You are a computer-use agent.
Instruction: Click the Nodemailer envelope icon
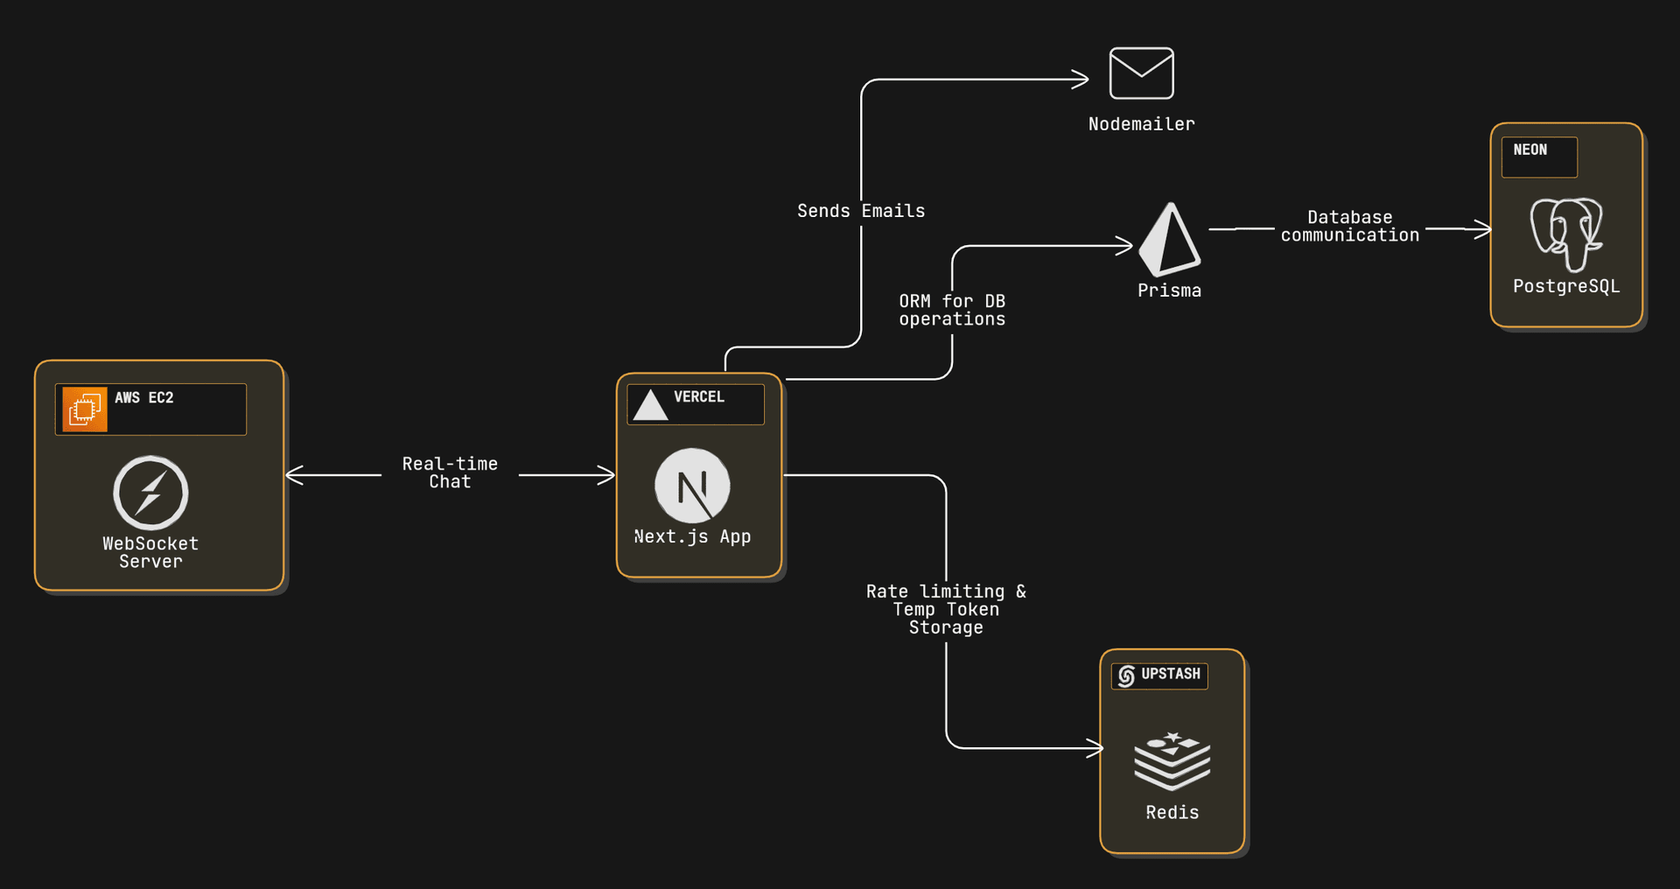(x=1141, y=73)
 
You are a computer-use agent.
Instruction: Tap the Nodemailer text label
(x=1141, y=124)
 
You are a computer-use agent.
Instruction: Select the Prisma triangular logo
(x=1170, y=240)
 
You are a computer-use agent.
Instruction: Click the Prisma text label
(x=1169, y=290)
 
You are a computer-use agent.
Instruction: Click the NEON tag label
(x=1530, y=150)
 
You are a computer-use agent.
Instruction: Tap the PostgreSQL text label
(x=1566, y=286)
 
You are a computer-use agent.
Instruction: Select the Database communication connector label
(x=1349, y=227)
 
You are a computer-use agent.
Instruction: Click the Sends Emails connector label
(x=861, y=211)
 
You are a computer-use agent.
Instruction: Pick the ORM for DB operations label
(x=952, y=310)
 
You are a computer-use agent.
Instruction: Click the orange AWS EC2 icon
(x=85, y=409)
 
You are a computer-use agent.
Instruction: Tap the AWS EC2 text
(x=144, y=398)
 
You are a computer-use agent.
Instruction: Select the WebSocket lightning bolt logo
(x=150, y=492)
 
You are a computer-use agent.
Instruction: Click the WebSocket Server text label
(x=150, y=552)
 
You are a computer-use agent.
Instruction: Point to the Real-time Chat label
(x=450, y=472)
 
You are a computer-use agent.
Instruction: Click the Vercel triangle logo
(x=650, y=405)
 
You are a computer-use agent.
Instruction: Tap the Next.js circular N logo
(x=692, y=486)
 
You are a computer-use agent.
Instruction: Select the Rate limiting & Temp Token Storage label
(x=946, y=609)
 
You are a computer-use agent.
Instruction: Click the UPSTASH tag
(x=1160, y=675)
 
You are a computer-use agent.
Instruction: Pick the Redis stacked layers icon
(x=1172, y=760)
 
